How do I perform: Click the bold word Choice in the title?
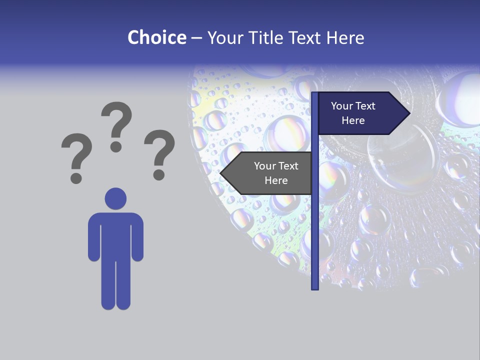[x=156, y=37]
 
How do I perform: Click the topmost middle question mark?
[x=116, y=125]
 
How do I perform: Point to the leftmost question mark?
[x=76, y=156]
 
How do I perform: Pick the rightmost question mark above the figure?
[x=159, y=153]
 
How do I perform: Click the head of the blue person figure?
[x=115, y=198]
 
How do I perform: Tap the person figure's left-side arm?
[x=93, y=237]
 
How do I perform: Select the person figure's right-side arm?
[x=137, y=237]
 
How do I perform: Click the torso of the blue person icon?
[x=115, y=235]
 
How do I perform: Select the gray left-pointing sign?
[x=270, y=173]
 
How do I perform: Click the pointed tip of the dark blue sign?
[x=408, y=113]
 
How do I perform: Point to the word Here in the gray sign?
[x=276, y=180]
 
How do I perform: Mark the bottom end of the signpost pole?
[x=314, y=287]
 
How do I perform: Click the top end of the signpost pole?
[x=314, y=94]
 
